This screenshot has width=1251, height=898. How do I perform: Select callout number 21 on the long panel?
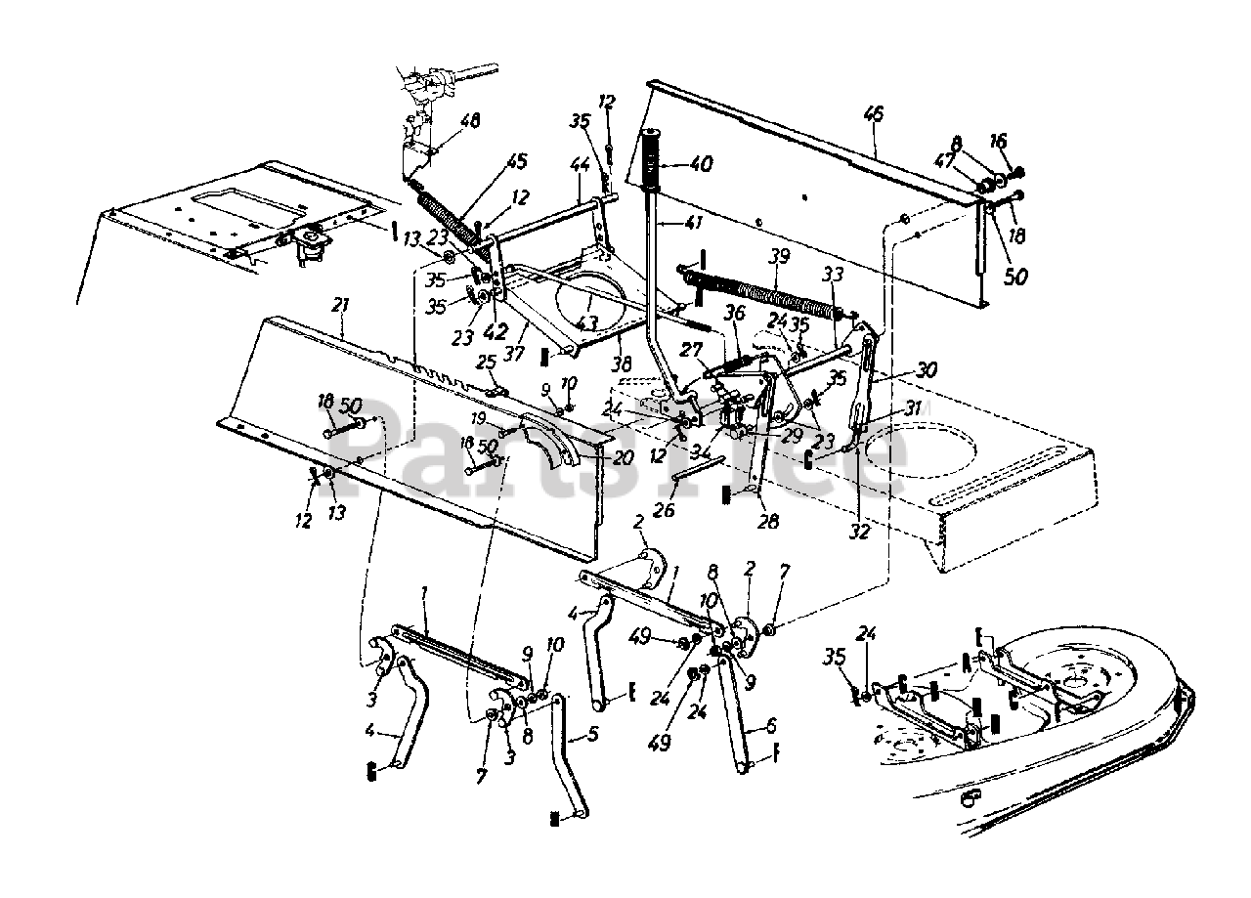coord(340,306)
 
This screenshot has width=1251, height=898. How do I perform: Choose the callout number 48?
coord(470,122)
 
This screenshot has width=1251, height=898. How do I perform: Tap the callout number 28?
coord(768,522)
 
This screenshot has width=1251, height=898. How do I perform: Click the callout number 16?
coord(997,142)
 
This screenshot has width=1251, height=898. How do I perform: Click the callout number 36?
coord(735,313)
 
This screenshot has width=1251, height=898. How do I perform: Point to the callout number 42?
coord(496,330)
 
